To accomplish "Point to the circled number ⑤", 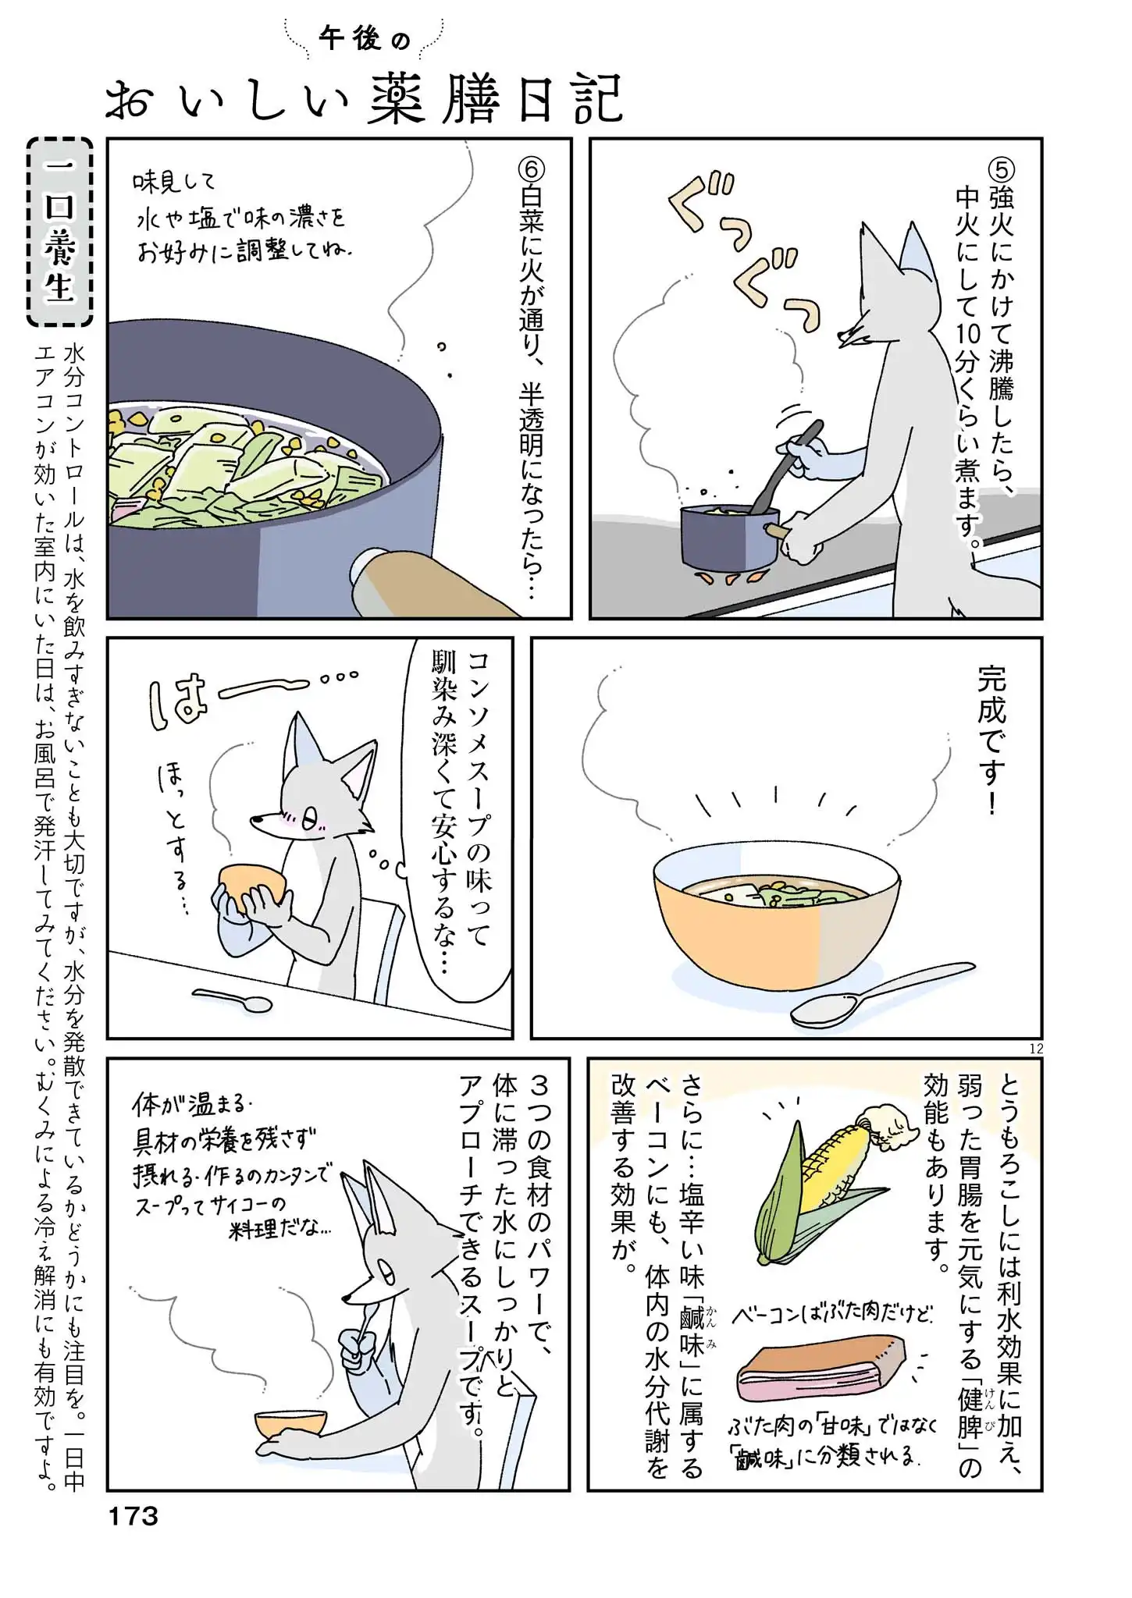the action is [1002, 169].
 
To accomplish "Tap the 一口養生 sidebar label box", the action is [59, 233].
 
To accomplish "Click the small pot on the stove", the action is [730, 538].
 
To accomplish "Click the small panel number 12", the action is [1036, 1049].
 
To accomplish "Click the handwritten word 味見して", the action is [173, 183].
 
